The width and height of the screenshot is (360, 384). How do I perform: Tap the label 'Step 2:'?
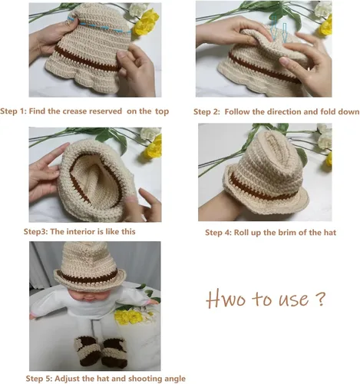pyautogui.click(x=206, y=112)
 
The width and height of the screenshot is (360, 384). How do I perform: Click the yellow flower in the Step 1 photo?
pyautogui.click(x=147, y=22)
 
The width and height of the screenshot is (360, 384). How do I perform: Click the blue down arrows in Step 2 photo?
pyautogui.click(x=279, y=28)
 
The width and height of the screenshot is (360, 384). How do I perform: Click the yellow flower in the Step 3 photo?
pyautogui.click(x=154, y=146)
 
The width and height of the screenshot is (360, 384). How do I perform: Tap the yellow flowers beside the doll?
pyautogui.click(x=128, y=316)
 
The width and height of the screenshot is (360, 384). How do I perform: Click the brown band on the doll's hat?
pyautogui.click(x=89, y=277)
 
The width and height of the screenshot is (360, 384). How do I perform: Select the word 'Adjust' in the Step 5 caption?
pyautogui.click(x=67, y=379)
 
